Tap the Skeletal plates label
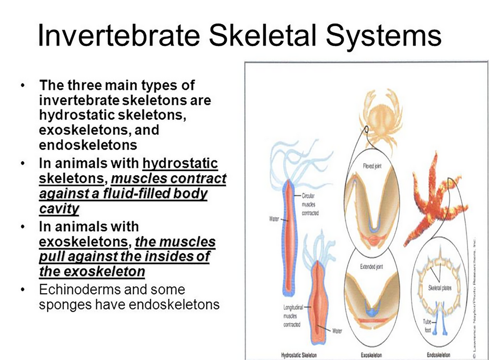coord(440,288)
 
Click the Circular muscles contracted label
coord(308,205)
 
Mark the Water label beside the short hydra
coord(335,331)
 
